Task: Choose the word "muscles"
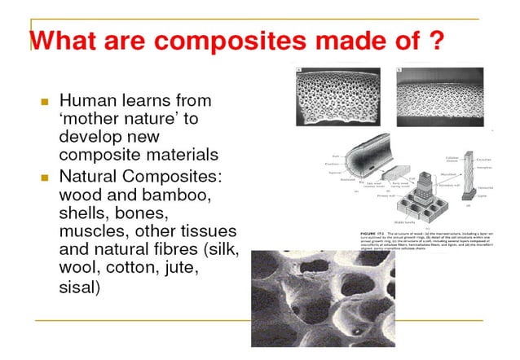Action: (93, 232)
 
